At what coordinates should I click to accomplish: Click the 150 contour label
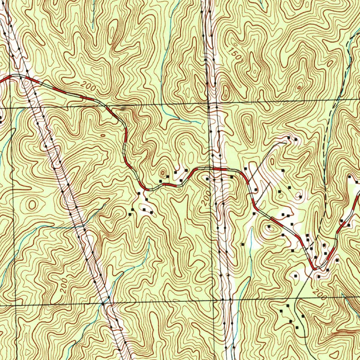tap(232, 52)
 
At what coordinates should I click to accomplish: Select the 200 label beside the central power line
tap(207, 199)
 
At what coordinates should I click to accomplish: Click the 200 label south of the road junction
tap(319, 294)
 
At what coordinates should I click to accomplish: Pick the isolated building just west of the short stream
tap(243, 244)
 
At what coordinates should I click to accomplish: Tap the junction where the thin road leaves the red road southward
tap(313, 269)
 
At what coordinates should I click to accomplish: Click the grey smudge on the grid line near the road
tap(123, 108)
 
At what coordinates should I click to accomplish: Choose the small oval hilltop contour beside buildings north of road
tap(163, 173)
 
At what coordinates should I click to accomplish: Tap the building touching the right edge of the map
tap(358, 182)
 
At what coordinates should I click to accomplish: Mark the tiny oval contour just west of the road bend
tap(103, 135)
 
